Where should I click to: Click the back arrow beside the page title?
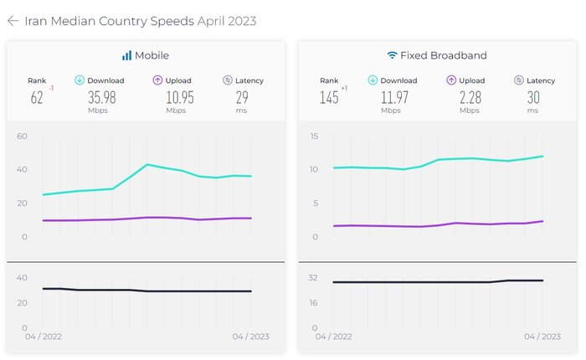(13, 21)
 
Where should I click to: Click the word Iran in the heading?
(37, 21)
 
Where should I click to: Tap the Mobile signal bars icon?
(126, 55)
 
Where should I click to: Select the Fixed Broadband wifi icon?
(392, 55)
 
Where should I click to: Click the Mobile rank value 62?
(36, 97)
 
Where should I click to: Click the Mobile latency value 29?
(243, 97)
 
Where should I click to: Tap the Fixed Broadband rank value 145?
(328, 97)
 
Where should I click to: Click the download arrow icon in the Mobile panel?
(80, 80)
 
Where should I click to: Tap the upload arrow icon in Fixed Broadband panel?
(451, 80)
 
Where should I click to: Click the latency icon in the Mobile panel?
(228, 80)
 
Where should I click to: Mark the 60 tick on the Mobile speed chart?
(23, 136)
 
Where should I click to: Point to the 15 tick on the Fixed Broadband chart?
(314, 136)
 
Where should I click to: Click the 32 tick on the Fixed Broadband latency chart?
(314, 277)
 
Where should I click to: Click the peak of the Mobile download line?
(147, 164)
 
